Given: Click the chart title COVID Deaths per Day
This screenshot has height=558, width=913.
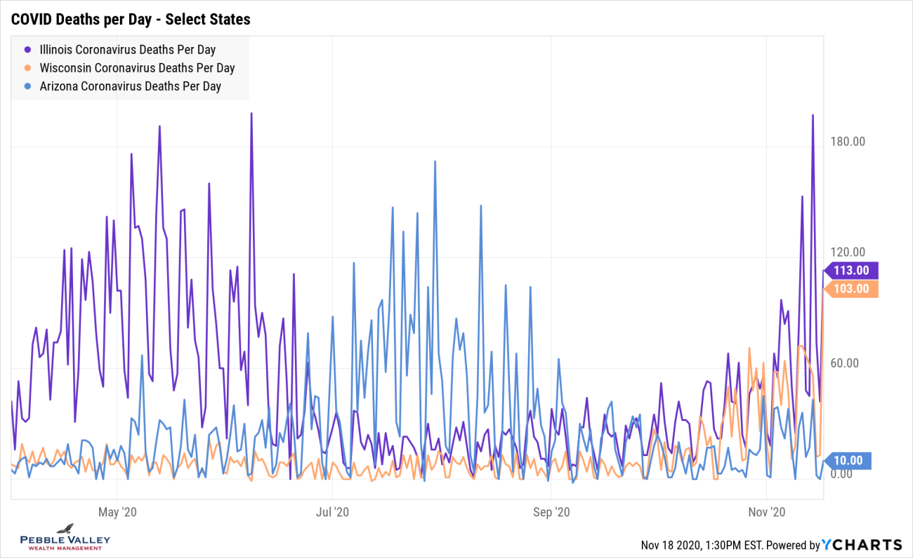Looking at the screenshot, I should [x=131, y=19].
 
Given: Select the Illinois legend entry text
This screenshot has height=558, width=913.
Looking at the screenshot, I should [x=127, y=50].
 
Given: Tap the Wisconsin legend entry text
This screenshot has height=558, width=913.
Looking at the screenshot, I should [x=137, y=68].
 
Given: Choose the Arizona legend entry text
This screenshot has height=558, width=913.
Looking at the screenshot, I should [x=130, y=86].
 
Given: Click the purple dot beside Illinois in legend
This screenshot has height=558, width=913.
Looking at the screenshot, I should [x=28, y=50].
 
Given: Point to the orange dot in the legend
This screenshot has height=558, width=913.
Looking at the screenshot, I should [x=28, y=68].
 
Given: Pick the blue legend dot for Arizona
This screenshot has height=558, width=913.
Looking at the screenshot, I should [x=28, y=86].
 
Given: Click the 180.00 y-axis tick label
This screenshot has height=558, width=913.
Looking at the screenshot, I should [x=847, y=142].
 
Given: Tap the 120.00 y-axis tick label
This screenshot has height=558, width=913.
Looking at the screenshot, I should [x=847, y=252].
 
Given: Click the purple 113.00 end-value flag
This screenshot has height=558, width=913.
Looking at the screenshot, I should [x=850, y=271].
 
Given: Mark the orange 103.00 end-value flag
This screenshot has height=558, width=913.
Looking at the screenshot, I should [x=850, y=289].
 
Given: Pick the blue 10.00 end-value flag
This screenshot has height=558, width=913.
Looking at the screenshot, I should [x=850, y=461].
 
